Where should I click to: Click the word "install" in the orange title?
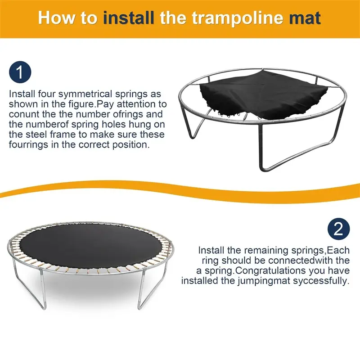[129, 18]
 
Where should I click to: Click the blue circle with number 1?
[20, 72]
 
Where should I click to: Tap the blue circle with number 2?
[339, 229]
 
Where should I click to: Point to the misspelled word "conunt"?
[23, 114]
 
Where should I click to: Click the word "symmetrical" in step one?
[85, 94]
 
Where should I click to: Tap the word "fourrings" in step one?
[29, 145]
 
